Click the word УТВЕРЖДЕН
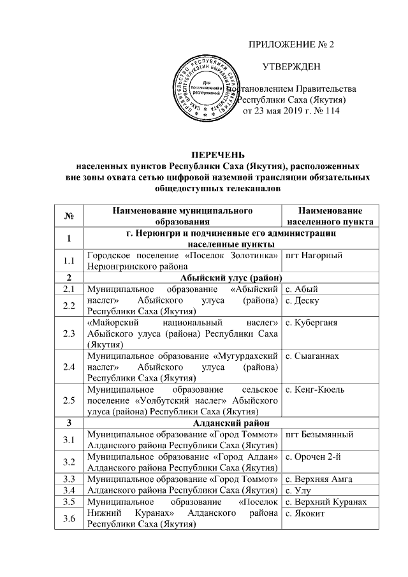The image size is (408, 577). (291, 67)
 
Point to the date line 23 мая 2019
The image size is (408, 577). (291, 112)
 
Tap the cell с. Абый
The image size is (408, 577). (301, 289)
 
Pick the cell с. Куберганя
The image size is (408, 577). (312, 323)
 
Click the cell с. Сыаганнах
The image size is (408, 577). (312, 355)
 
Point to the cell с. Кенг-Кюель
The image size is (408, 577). (315, 388)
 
